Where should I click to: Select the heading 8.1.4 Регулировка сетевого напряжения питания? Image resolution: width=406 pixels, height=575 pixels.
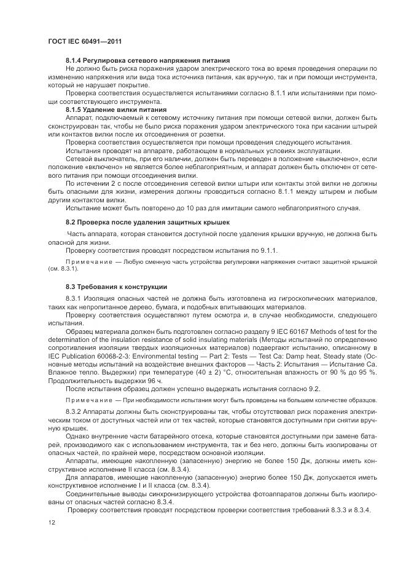[147, 61]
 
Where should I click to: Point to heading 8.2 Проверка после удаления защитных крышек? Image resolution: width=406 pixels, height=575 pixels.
[149, 222]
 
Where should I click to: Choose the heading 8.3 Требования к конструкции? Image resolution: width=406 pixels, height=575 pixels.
[116, 287]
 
